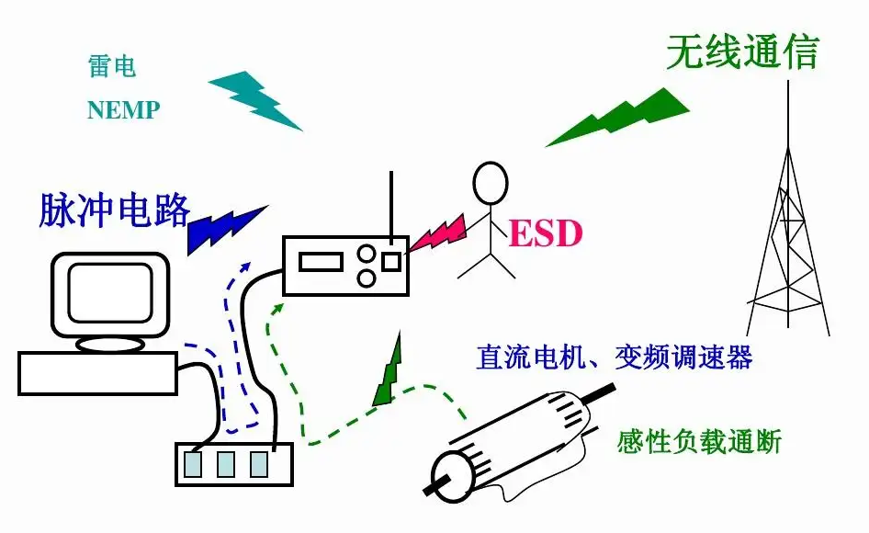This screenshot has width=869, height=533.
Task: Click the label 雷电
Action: [x=112, y=67]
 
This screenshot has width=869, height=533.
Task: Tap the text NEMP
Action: [x=123, y=110]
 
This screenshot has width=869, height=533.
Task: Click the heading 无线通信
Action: [x=741, y=52]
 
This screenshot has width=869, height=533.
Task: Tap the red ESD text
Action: [x=546, y=233]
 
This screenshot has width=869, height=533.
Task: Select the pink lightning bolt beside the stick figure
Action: [x=438, y=235]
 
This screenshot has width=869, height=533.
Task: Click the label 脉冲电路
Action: [x=115, y=210]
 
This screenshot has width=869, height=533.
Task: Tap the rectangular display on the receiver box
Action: [x=319, y=262]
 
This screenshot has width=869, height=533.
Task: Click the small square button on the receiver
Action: [x=391, y=262]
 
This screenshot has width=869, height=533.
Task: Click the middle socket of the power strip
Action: [x=226, y=464]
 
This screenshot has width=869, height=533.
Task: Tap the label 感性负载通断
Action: [x=699, y=442]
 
